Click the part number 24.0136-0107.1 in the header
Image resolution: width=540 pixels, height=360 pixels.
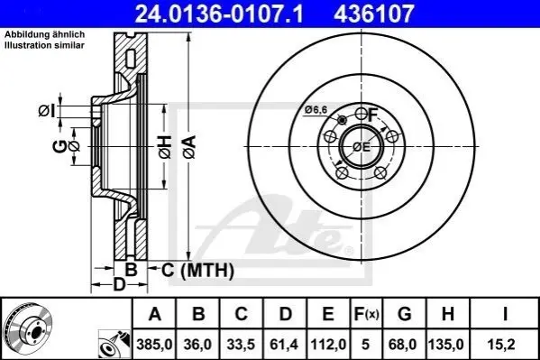(219, 14)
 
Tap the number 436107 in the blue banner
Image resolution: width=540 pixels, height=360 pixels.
(373, 14)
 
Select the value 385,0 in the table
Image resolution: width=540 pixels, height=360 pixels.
(154, 344)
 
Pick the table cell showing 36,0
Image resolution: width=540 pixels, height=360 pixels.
(197, 344)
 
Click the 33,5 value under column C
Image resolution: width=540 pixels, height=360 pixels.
(241, 344)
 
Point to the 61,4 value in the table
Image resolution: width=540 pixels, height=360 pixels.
(285, 344)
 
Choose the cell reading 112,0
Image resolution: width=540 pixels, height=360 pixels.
(328, 344)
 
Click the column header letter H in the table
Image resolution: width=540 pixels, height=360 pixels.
(448, 314)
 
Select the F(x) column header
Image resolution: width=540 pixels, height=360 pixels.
(366, 314)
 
